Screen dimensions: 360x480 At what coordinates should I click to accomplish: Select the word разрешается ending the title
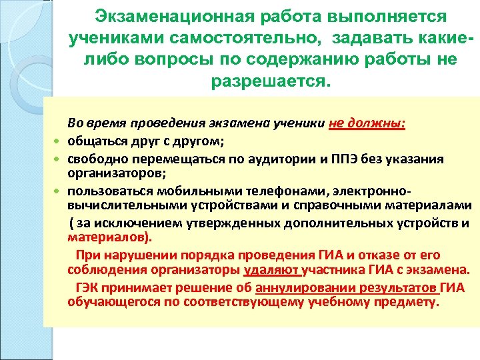269,82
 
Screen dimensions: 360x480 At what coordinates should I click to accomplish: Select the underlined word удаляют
273,271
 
